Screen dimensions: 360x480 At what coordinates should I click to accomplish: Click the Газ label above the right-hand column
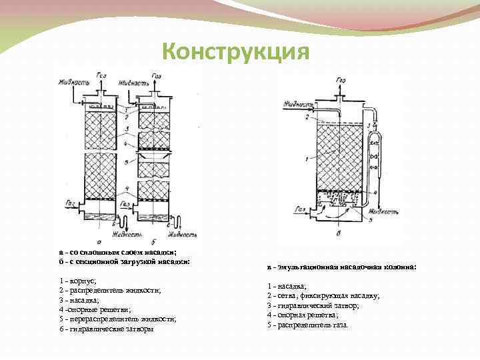point(341,81)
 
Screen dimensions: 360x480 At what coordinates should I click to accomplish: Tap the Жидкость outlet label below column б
point(182,235)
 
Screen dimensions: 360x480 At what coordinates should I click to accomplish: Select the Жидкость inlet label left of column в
point(298,105)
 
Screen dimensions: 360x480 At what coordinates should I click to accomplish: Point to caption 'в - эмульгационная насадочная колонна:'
point(341,267)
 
